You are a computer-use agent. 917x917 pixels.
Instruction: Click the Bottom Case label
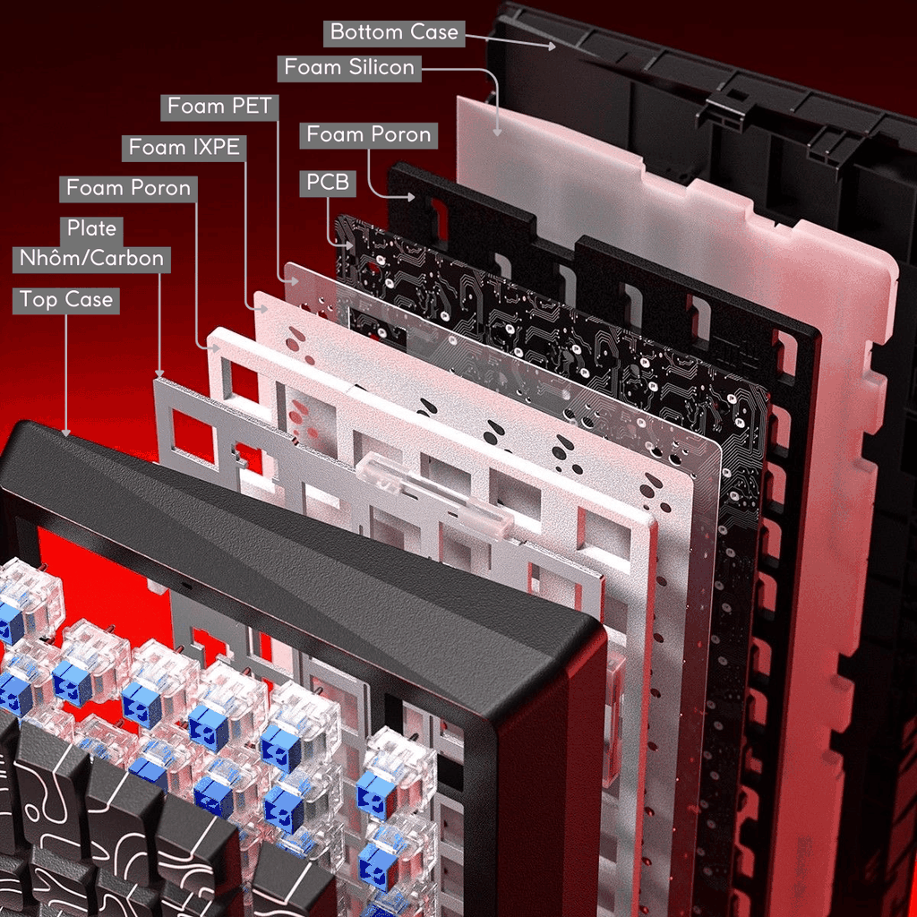click(x=394, y=33)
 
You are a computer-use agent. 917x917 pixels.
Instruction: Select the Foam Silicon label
click(x=349, y=68)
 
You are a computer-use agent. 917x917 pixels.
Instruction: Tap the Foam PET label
click(x=219, y=107)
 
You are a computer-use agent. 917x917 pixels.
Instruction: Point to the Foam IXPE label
click(x=184, y=148)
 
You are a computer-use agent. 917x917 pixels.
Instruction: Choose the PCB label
click(x=328, y=183)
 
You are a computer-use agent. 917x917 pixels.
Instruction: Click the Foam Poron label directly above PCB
click(x=368, y=135)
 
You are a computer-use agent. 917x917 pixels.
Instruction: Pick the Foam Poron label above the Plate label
click(x=128, y=188)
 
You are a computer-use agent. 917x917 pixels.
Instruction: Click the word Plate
click(x=91, y=228)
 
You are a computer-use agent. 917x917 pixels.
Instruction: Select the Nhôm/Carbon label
click(x=91, y=259)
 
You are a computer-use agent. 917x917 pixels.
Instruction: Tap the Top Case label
click(x=66, y=300)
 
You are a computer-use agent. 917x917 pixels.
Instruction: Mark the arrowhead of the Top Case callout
click(x=66, y=433)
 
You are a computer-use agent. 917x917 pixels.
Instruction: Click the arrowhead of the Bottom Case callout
click(x=552, y=47)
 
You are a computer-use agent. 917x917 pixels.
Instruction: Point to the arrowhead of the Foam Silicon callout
click(x=497, y=133)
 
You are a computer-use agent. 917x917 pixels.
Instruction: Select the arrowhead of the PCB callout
click(x=349, y=245)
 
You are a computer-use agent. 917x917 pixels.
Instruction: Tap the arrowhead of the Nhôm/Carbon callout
click(x=159, y=373)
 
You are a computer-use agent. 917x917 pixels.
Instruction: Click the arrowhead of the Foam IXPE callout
click(x=264, y=309)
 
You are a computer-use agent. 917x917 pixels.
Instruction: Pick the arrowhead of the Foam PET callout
click(x=294, y=282)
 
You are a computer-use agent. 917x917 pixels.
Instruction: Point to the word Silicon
click(x=381, y=68)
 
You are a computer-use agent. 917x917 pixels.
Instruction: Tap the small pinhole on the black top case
click(x=186, y=585)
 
